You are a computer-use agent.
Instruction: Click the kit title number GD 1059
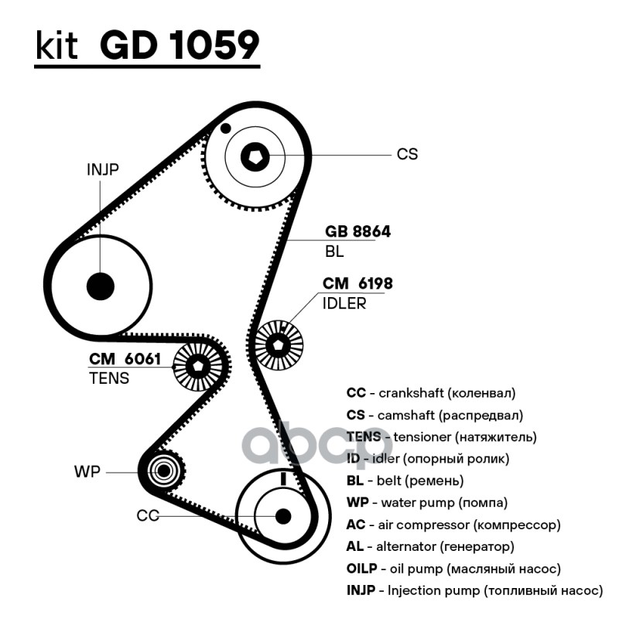[180, 46]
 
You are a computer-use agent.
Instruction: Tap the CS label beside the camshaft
[407, 155]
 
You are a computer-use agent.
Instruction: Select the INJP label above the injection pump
[102, 170]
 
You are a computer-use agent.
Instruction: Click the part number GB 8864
[357, 232]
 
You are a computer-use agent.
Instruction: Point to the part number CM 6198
[357, 285]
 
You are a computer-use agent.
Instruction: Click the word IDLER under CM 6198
[344, 303]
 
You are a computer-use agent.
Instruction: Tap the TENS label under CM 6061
[109, 378]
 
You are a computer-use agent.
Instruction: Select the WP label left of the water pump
[87, 471]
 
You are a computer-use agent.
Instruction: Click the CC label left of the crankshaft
[147, 515]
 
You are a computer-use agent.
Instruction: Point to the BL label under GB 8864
[334, 252]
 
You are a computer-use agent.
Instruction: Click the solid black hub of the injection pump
[100, 286]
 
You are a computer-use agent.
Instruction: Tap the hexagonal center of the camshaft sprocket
[255, 157]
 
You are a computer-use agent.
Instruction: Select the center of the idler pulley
[279, 344]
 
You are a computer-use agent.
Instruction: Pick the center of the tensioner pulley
[198, 366]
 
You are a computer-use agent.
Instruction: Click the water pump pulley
[162, 470]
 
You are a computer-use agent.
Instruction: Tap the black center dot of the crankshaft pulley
[282, 515]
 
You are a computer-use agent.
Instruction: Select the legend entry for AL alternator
[430, 547]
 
